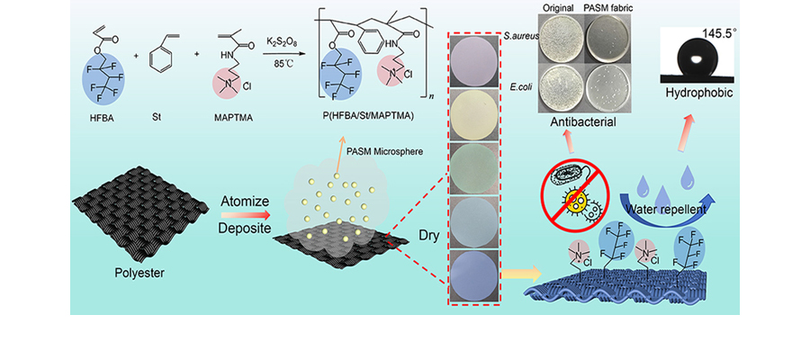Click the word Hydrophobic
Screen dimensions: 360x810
click(697, 94)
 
